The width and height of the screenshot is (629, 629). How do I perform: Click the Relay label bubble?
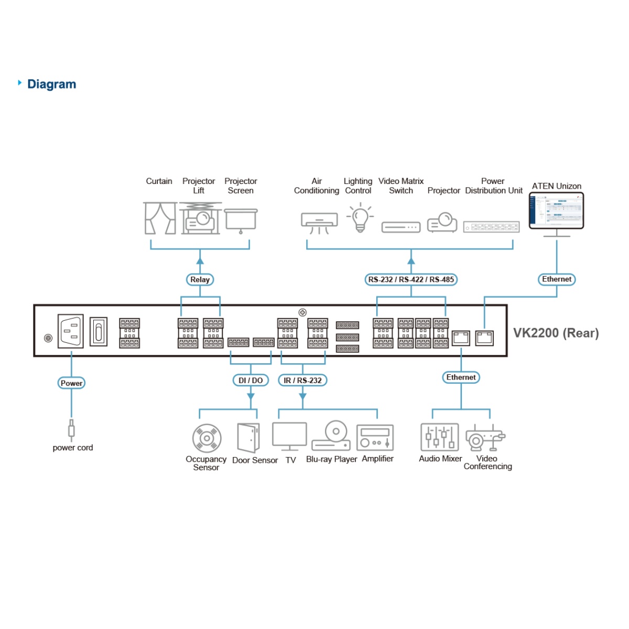point(200,280)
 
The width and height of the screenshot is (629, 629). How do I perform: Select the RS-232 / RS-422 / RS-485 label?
point(411,280)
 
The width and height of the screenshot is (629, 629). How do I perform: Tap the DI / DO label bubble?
point(251,381)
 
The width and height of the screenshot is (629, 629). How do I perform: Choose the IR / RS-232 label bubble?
point(302,381)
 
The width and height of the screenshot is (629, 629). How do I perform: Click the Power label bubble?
point(71,383)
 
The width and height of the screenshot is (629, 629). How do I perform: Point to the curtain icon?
point(160,218)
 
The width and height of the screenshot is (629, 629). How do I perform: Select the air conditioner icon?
point(319,222)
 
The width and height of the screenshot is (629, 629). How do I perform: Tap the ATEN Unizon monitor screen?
point(556,210)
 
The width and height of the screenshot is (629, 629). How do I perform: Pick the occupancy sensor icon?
point(207,438)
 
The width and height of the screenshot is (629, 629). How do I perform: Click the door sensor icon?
point(248,438)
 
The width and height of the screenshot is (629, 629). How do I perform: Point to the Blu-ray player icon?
point(331,436)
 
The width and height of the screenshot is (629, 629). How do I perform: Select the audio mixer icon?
point(440,437)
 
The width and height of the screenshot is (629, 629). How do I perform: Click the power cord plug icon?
point(71,429)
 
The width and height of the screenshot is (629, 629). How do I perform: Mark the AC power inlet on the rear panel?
point(70,331)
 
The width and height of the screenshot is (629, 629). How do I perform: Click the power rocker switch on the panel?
point(99,331)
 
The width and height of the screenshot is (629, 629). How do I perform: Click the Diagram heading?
point(51,84)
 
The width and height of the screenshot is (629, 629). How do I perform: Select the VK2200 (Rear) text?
point(556,333)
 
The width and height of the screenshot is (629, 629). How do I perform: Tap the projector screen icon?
point(241,220)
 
